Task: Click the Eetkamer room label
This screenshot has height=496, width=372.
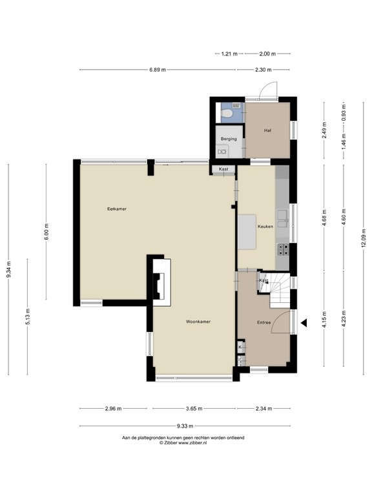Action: tap(116, 209)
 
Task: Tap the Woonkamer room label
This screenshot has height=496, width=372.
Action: tap(198, 322)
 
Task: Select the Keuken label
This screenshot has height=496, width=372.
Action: tap(265, 227)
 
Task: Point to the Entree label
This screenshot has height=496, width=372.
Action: tap(264, 322)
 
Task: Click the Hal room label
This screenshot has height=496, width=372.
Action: tap(267, 130)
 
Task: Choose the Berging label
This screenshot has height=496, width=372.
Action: tap(229, 139)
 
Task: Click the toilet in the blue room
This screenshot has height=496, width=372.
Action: tap(227, 113)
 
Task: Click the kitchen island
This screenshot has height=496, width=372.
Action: tap(247, 231)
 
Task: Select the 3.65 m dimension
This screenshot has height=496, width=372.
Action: tap(194, 409)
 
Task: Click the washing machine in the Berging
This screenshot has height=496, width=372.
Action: tap(223, 151)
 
